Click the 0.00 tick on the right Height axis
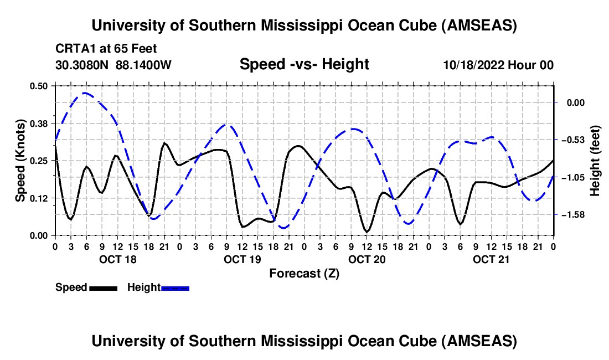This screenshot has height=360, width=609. pos(576,102)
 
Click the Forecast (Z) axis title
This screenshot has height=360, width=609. pos(304,273)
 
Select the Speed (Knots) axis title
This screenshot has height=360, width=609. pos(20,160)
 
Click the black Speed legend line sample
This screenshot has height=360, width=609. pos(103,288)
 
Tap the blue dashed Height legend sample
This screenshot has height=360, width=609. pos(176,288)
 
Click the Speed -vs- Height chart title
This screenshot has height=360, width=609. pos(304,64)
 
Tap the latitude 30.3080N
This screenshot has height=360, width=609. pos(83,65)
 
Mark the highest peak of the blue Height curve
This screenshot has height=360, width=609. pos(85,92)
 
